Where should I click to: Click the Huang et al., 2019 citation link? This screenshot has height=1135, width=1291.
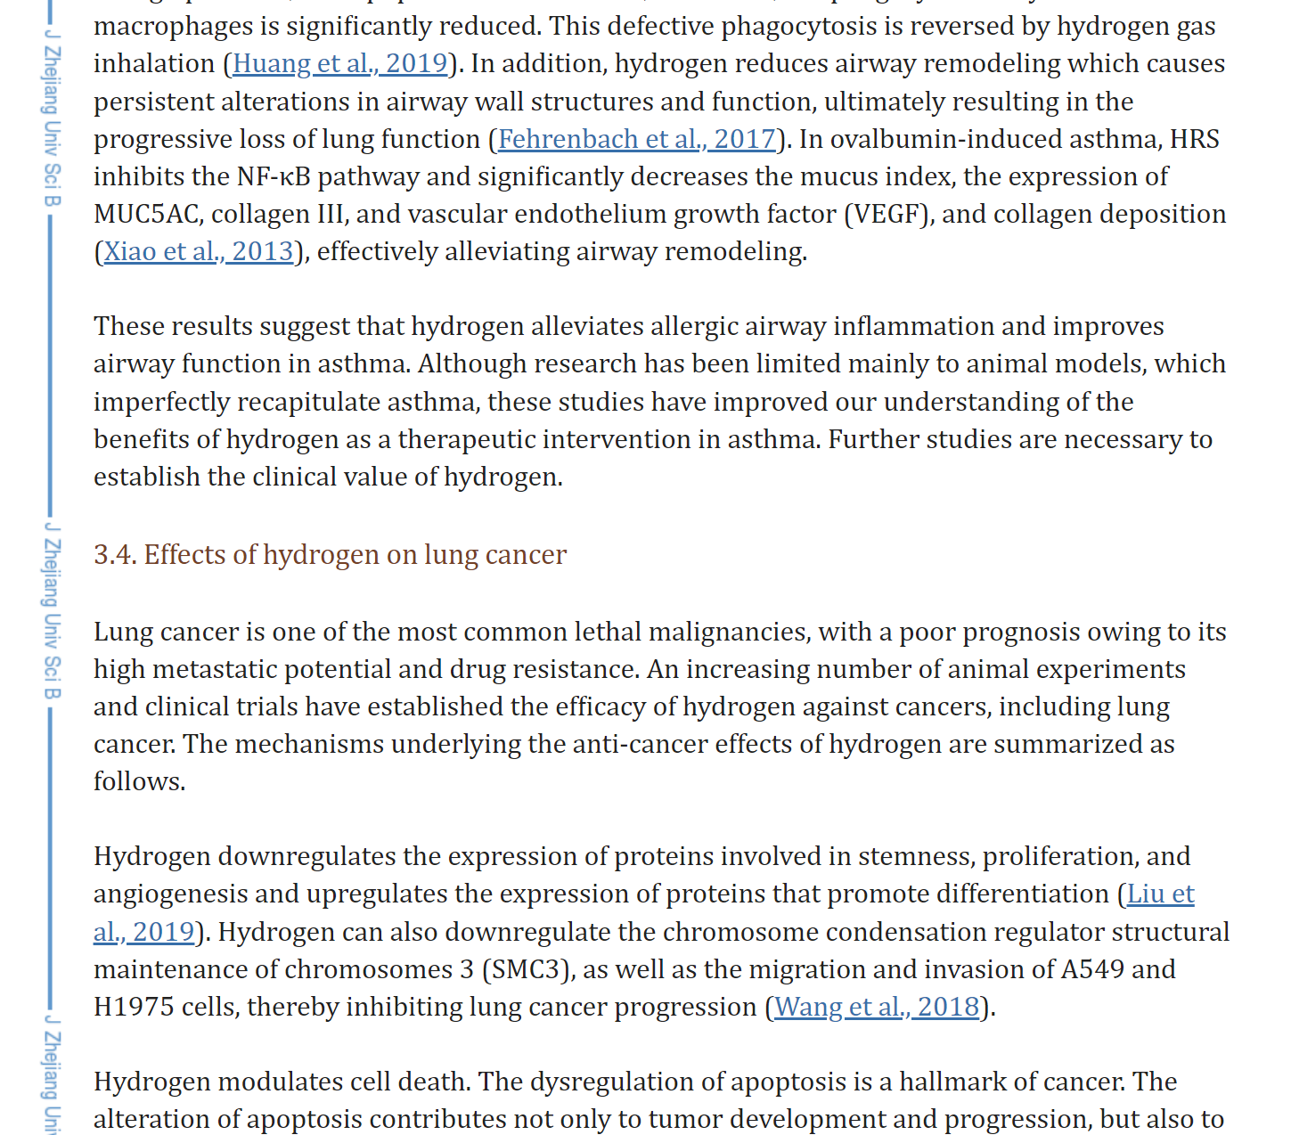coord(339,64)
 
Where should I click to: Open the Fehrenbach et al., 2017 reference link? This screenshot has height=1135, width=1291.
coord(636,140)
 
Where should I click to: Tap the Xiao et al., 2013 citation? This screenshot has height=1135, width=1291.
coord(198,252)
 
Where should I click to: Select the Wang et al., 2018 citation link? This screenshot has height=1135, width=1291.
coord(876,1008)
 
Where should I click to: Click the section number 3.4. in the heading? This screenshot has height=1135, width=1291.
coord(115,555)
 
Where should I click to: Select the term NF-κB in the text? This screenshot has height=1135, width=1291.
coord(274,177)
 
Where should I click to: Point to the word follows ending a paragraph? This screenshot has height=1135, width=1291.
coord(138,782)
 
